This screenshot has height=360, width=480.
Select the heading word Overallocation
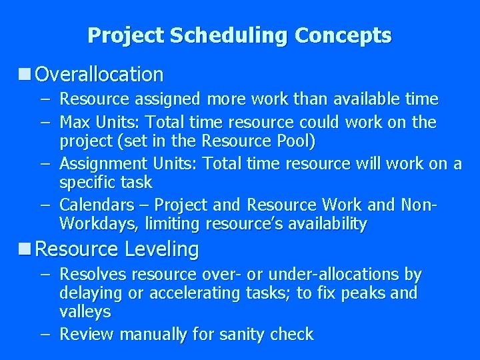click(x=99, y=74)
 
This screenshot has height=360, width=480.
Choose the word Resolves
click(x=93, y=274)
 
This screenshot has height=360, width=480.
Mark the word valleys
click(x=85, y=311)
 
